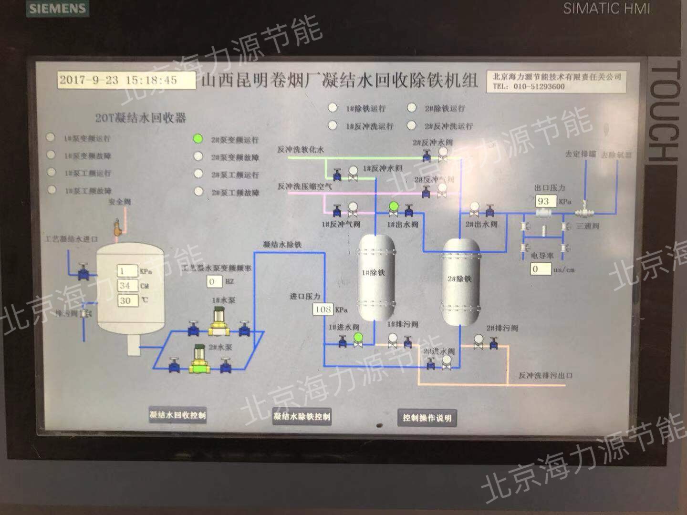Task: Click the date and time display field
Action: pyautogui.click(x=126, y=80)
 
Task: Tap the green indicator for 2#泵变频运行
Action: pyautogui.click(x=198, y=139)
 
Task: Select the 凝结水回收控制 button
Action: pyautogui.click(x=177, y=415)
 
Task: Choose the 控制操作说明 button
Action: pyautogui.click(x=427, y=418)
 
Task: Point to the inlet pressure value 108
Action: pyautogui.click(x=323, y=309)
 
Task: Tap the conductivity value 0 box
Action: pyautogui.click(x=541, y=269)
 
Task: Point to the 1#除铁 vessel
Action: pyautogui.click(x=376, y=277)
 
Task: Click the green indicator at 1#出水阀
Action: pyautogui.click(x=394, y=206)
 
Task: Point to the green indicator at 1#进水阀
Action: pyautogui.click(x=358, y=338)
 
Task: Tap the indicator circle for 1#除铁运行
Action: pyautogui.click(x=333, y=108)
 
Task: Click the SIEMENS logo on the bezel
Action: pyautogui.click(x=57, y=9)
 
